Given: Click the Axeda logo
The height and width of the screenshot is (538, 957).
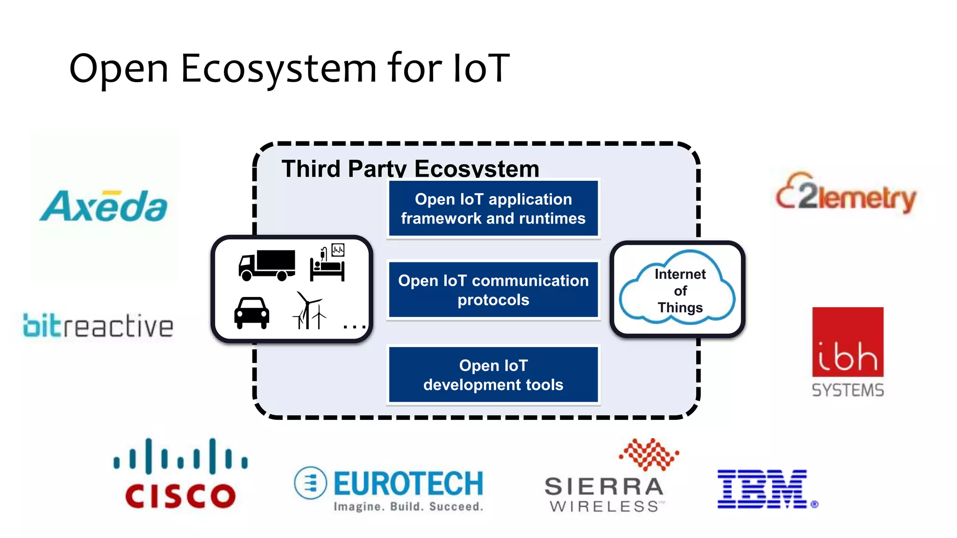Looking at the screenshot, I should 104,206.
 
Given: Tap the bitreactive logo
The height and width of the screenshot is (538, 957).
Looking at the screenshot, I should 98,325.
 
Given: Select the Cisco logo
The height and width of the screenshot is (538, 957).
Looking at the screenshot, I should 181,474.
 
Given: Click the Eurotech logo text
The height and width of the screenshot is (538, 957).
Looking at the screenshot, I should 408,483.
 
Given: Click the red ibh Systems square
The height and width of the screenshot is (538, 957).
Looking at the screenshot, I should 848,342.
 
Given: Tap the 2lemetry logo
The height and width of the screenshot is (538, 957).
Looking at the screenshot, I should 846,195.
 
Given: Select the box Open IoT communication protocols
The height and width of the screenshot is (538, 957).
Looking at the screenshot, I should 493,290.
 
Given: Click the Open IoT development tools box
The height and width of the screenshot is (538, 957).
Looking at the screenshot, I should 493,375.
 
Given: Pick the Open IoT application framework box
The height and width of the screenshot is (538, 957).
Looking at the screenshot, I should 493,209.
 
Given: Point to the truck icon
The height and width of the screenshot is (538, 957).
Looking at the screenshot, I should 267,265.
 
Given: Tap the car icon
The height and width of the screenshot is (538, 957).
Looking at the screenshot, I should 251,313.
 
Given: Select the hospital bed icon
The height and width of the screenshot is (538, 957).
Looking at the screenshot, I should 328,264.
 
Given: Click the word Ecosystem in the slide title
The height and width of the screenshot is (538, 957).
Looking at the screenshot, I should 279,69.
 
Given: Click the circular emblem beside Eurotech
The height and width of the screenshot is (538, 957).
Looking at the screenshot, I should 310,483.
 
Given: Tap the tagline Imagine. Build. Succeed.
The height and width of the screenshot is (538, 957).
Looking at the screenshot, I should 408,507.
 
